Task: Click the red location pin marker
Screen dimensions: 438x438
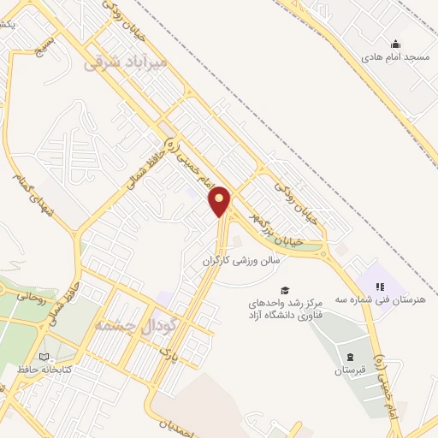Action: pyautogui.click(x=220, y=201)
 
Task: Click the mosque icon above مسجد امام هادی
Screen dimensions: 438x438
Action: pyautogui.click(x=395, y=44)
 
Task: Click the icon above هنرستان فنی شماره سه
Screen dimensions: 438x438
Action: pyautogui.click(x=381, y=287)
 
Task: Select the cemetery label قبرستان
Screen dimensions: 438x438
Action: pyautogui.click(x=349, y=370)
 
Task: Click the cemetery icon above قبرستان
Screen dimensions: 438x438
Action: pyautogui.click(x=349, y=356)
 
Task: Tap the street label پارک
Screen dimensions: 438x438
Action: pyautogui.click(x=172, y=346)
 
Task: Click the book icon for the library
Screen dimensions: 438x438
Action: pyautogui.click(x=44, y=357)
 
